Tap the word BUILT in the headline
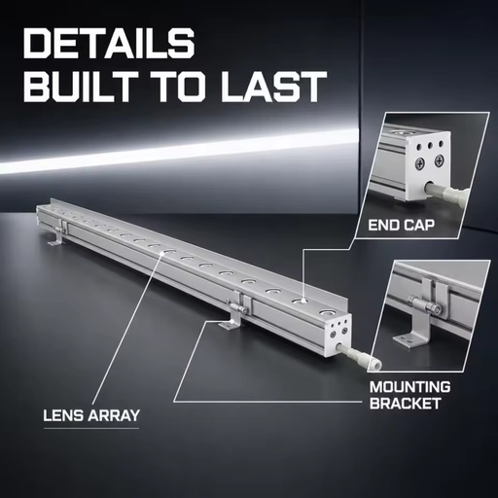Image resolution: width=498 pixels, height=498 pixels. (x=82, y=87)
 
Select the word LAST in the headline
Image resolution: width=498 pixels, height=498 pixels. (x=273, y=87)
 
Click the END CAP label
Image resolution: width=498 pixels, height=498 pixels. (x=402, y=225)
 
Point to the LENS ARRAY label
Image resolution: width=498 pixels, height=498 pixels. (x=91, y=415)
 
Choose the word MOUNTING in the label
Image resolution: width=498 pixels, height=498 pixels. (x=409, y=387)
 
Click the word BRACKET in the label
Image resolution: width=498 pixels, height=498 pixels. (x=406, y=404)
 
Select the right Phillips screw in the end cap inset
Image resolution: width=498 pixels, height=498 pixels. (x=440, y=160)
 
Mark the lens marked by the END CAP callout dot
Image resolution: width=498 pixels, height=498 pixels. (x=302, y=302)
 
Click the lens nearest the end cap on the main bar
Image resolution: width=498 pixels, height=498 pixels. (x=329, y=313)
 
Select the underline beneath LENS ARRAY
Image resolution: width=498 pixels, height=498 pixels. (x=91, y=429)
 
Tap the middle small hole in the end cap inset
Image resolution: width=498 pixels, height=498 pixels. (x=430, y=145)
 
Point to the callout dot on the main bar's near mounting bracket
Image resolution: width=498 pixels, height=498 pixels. (x=231, y=321)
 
